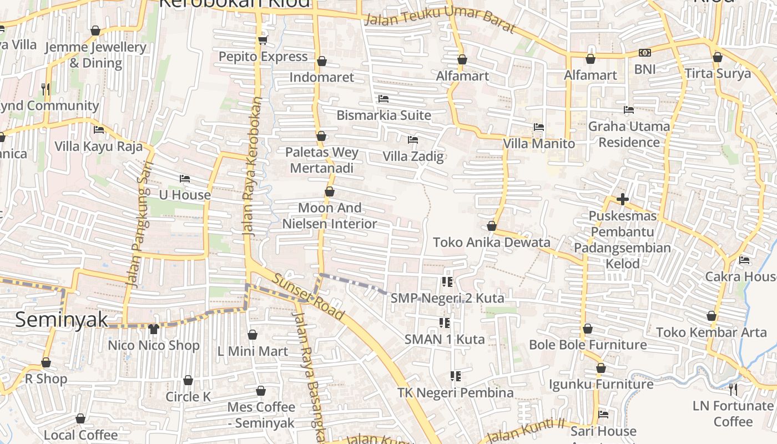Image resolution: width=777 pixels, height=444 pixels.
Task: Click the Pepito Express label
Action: point(263,57)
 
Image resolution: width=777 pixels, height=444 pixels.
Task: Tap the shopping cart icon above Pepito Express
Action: point(263,40)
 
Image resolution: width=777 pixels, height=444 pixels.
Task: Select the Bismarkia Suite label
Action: point(384,115)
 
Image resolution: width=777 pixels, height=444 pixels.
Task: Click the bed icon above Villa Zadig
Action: point(412,139)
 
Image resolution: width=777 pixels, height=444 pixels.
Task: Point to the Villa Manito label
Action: point(538,144)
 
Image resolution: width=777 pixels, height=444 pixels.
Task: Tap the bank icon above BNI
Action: point(644,53)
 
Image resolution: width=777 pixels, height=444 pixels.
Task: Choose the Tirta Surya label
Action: point(717,73)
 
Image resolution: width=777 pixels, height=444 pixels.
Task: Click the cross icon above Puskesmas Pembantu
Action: point(622,199)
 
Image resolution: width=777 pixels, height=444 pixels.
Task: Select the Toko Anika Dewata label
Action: point(491,243)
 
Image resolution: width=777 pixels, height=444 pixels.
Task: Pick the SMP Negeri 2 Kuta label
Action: point(447,298)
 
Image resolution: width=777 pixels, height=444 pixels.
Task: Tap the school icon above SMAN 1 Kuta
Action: point(444,322)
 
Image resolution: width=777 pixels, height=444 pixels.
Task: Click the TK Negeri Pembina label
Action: point(455,393)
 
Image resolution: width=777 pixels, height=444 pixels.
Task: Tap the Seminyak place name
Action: point(61,320)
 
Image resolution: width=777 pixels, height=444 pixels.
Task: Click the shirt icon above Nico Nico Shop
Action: point(154,329)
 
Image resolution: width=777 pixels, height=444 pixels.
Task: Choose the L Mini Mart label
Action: point(253,351)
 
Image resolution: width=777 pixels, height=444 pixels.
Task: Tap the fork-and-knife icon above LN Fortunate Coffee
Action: point(733,390)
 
